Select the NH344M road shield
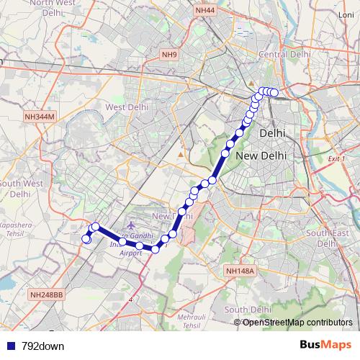[39, 116]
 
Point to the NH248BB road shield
[47, 295]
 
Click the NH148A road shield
[239, 271]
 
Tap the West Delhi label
[127, 107]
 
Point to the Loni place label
[346, 14]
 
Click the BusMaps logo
[324, 346]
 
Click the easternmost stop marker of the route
[274, 92]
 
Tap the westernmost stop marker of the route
[86, 238]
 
